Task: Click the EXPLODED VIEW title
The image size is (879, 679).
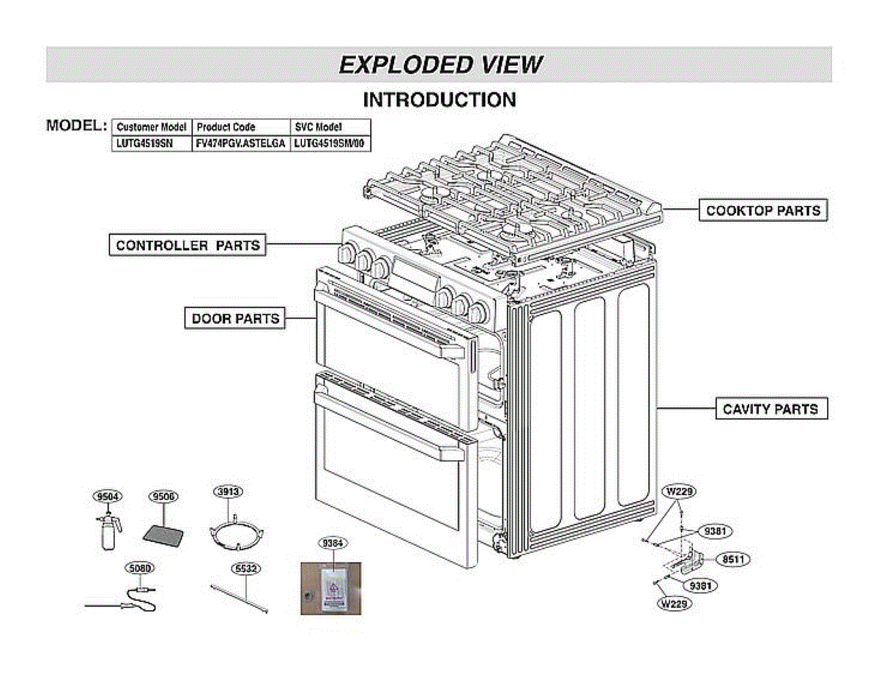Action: (439, 64)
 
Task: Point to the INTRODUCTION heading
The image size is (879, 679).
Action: (439, 100)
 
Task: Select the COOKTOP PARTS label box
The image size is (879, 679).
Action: (763, 211)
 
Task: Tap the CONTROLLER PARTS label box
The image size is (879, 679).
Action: (188, 245)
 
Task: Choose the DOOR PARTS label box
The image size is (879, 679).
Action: (234, 319)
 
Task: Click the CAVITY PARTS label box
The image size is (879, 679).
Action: (771, 409)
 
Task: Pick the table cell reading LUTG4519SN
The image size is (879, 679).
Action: (144, 144)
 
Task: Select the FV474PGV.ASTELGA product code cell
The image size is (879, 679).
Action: (240, 144)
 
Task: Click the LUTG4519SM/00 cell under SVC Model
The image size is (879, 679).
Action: (329, 144)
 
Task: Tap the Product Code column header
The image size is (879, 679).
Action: (226, 127)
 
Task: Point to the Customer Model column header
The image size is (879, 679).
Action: (152, 127)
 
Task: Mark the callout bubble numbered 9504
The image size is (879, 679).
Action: (108, 497)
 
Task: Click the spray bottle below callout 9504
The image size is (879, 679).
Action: (108, 533)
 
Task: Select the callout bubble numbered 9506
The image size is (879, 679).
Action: (163, 497)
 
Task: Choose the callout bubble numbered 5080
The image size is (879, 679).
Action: (139, 568)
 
